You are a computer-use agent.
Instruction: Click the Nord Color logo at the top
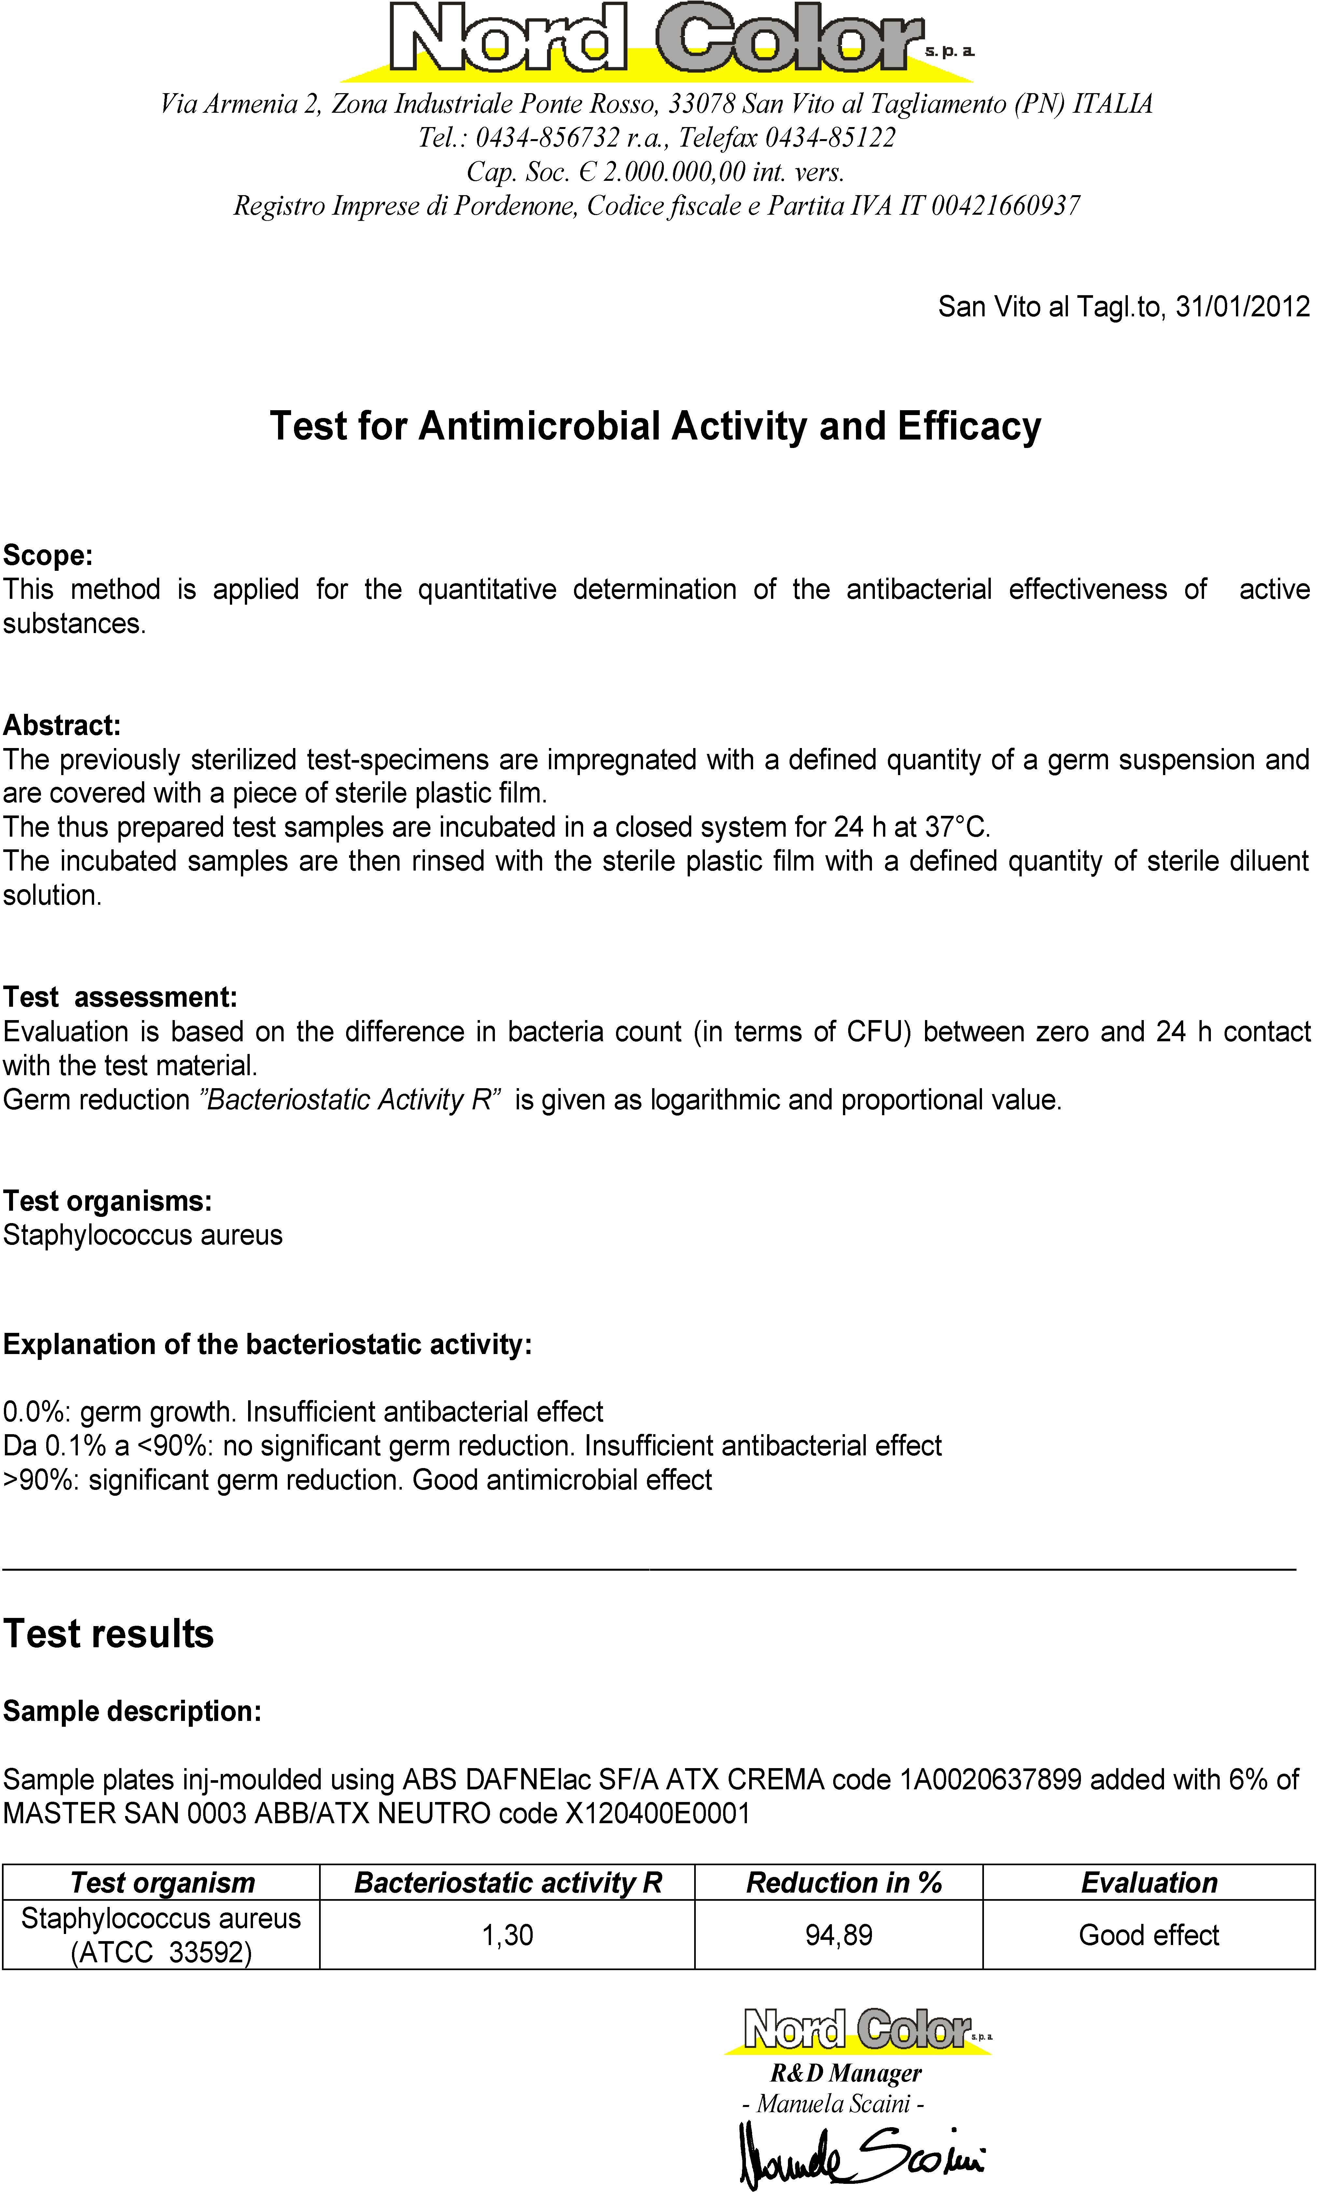(x=657, y=40)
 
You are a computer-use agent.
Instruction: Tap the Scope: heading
(x=48, y=555)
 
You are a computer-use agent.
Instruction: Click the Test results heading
(x=108, y=1633)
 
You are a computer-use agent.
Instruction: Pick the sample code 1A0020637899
(x=990, y=1780)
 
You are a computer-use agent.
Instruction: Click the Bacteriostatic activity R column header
(x=508, y=1883)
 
